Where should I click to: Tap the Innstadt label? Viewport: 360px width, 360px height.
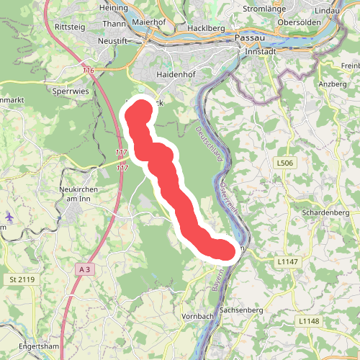261,53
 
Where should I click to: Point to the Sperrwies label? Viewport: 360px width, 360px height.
70,92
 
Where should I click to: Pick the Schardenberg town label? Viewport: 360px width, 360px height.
325,214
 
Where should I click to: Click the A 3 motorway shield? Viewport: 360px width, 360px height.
86,269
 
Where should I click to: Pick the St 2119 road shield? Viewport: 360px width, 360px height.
22,279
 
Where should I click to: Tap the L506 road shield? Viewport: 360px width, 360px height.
285,164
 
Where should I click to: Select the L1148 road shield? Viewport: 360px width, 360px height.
307,320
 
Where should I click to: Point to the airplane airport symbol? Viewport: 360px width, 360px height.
9,217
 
